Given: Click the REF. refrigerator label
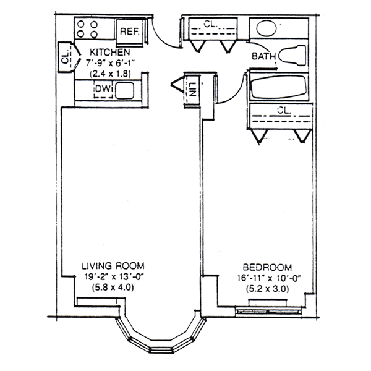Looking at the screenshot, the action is tap(129, 32).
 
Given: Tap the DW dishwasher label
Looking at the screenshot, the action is tap(103, 88).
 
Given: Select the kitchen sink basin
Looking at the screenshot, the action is tap(125, 90).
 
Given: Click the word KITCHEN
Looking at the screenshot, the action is tap(110, 53).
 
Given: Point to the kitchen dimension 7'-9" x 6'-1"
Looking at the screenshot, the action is tap(110, 63).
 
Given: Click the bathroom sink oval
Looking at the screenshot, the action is tap(267, 28).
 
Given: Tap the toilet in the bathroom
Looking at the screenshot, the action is tap(292, 56).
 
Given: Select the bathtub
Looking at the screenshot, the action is tap(279, 87).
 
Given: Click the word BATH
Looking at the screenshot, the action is tap(264, 56).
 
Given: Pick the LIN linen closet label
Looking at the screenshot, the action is tap(192, 90).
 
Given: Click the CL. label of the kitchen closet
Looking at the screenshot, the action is tap(65, 58).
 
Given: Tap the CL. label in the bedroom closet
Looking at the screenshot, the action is tap(284, 110).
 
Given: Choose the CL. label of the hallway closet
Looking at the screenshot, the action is tap(210, 23).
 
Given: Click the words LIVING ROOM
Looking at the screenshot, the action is tap(113, 266).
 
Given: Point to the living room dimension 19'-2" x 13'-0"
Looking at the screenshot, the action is tap(114, 277).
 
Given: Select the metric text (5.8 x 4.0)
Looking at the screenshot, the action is tap(113, 288).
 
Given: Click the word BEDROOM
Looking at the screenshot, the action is tap(267, 267).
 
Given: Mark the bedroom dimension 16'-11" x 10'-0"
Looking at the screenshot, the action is tap(269, 278).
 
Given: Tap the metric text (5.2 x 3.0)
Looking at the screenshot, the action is tap(268, 289).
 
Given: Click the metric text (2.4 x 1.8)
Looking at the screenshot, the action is tap(110, 74).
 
